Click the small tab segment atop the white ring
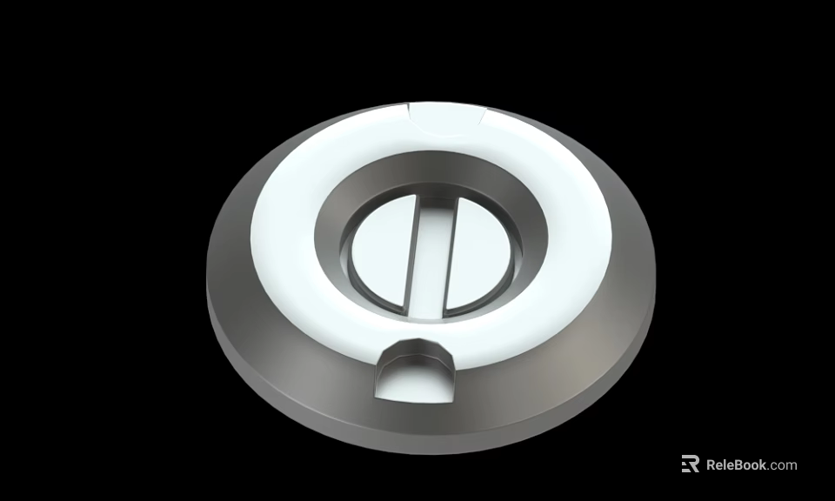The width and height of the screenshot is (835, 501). (x=446, y=117)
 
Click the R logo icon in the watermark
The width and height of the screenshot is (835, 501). (x=690, y=464)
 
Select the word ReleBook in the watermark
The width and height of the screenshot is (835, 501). (x=736, y=464)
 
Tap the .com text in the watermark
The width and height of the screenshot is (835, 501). (x=783, y=464)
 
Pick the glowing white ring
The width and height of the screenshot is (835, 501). (x=287, y=235)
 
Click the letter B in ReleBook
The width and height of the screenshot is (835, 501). (x=736, y=464)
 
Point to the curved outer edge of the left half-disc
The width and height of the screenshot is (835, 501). (x=353, y=261)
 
